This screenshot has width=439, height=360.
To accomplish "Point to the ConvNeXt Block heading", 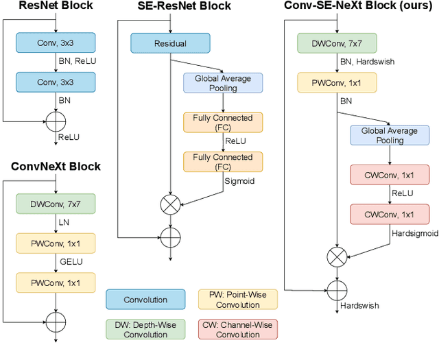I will pyautogui.click(x=56, y=167).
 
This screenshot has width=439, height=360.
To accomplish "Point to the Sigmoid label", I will pyautogui.click(x=239, y=182).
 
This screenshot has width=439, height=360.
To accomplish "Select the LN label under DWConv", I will pyautogui.click(x=64, y=223).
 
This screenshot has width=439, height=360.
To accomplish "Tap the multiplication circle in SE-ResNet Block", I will pyautogui.click(x=170, y=204).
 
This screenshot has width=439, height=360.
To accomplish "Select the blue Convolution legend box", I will pyautogui.click(x=145, y=300).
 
